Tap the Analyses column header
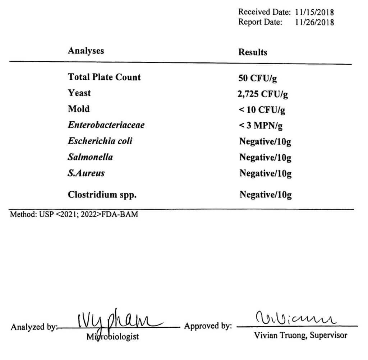pyautogui.click(x=86, y=51)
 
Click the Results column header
pyautogui.click(x=253, y=52)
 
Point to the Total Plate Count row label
pyautogui.click(x=104, y=77)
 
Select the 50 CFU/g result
pyautogui.click(x=257, y=79)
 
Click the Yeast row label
pyautogui.click(x=79, y=93)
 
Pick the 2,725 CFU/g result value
pyautogui.click(x=263, y=94)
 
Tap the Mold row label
pyautogui.click(x=79, y=109)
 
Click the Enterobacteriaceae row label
pyautogui.click(x=106, y=125)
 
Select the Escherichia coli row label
pyautogui.click(x=100, y=141)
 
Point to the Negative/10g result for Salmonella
pyautogui.click(x=265, y=158)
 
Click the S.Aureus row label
pyautogui.click(x=86, y=173)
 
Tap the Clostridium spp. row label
pyautogui.click(x=102, y=195)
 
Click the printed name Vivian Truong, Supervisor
pyautogui.click(x=300, y=336)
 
